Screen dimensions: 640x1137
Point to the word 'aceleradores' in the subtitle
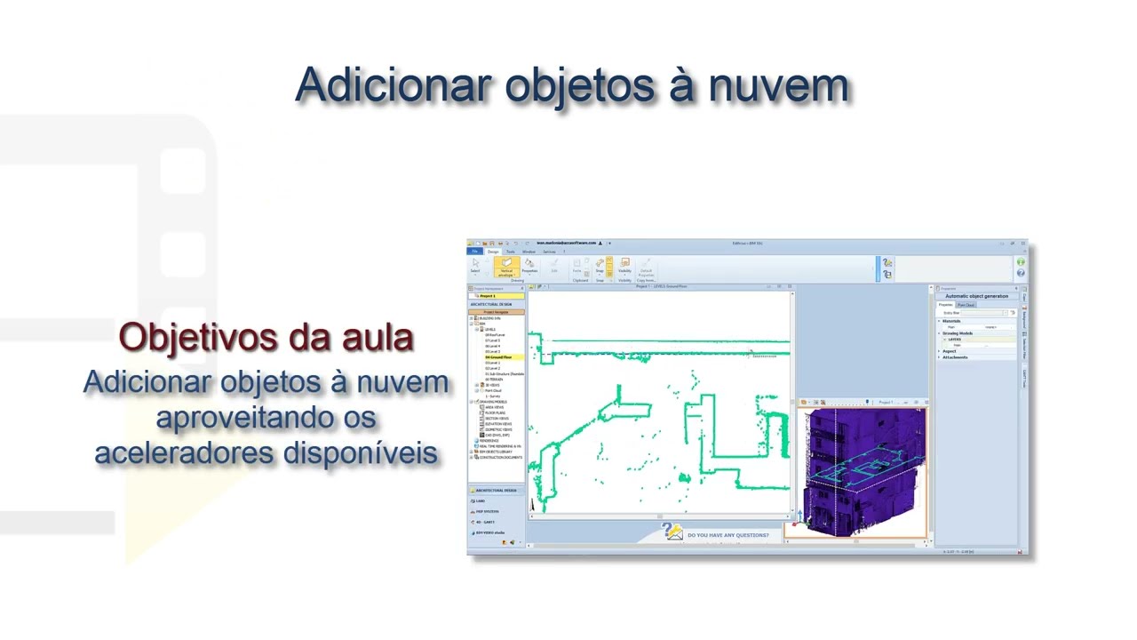184,452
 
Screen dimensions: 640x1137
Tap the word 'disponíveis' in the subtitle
360,452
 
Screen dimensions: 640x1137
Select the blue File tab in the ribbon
474,252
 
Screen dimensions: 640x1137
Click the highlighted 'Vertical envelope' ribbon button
506,267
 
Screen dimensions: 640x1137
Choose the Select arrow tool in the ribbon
475,266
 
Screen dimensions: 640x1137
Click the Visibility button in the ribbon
624,266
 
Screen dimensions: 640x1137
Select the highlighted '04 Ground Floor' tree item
498,357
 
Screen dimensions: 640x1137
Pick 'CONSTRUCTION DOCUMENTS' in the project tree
501,458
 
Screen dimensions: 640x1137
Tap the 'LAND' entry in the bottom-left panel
481,500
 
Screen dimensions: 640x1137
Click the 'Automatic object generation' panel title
977,296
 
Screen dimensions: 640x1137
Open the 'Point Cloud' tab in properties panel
966,305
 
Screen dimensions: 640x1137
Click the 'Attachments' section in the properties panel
956,357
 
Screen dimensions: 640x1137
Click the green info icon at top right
1021,262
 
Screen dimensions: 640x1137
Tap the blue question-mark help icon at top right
1021,273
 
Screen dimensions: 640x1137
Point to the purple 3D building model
862,471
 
